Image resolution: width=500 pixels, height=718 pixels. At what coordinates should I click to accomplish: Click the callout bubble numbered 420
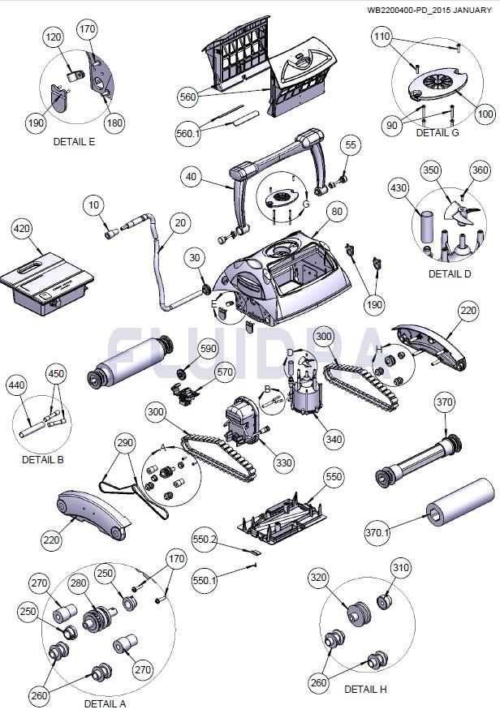click(x=21, y=229)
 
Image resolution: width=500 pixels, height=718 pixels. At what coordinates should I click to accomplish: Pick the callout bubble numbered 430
click(x=399, y=187)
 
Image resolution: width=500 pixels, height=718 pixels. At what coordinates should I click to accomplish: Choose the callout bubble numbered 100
click(x=485, y=114)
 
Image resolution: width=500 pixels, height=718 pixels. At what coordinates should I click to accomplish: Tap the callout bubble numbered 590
click(x=209, y=348)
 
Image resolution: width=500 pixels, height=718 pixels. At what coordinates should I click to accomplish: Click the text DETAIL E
click(x=74, y=141)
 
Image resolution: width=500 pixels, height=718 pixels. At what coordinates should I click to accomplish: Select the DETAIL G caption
click(x=437, y=133)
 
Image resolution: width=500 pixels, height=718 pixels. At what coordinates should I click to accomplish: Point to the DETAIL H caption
click(x=365, y=689)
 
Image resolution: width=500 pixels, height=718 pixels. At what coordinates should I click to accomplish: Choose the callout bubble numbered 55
click(x=350, y=145)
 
